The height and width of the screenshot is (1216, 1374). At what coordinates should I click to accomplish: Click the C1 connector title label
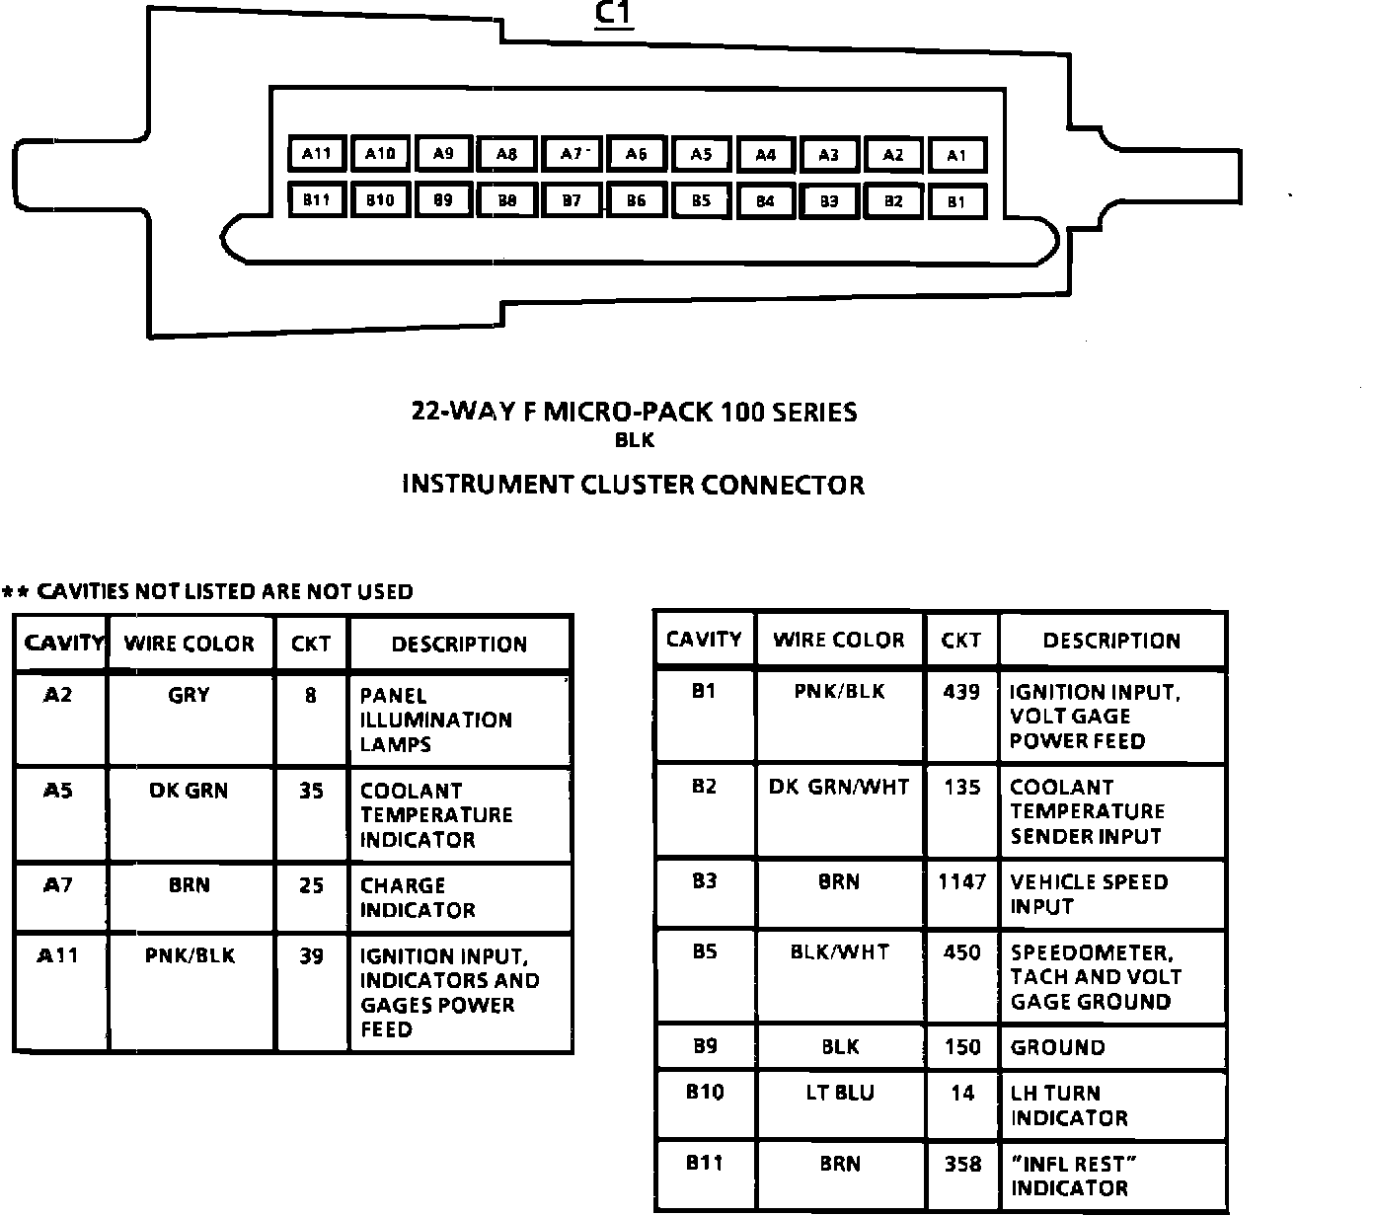click(614, 15)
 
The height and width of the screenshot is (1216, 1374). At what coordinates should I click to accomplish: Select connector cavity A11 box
click(316, 154)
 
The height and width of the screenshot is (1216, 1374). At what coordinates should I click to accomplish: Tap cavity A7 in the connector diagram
click(572, 154)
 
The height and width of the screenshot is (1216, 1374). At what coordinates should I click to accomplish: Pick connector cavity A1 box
click(956, 155)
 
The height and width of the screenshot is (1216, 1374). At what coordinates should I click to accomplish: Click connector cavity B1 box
click(956, 201)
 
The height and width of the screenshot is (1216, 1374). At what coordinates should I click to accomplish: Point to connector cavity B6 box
click(637, 200)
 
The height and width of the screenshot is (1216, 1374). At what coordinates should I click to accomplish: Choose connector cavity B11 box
click(316, 200)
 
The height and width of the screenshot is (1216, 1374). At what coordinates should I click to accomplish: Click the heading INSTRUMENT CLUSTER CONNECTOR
click(634, 485)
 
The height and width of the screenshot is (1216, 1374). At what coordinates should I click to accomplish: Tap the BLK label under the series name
click(634, 440)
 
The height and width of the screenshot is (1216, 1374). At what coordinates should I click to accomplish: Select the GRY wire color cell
click(190, 695)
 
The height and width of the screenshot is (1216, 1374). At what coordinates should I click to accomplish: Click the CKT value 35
click(311, 791)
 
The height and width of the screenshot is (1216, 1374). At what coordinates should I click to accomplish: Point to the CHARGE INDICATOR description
click(418, 897)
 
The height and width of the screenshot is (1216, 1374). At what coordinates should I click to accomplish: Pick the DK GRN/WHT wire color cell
click(839, 788)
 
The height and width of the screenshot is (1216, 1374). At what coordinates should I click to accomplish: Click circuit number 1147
click(961, 881)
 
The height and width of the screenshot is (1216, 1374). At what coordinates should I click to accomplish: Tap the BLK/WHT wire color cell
click(839, 952)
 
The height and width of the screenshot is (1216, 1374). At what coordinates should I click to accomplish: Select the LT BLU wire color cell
click(839, 1093)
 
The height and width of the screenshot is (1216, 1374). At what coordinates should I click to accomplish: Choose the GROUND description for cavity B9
click(1057, 1047)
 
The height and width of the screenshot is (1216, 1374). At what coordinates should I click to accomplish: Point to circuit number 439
click(961, 692)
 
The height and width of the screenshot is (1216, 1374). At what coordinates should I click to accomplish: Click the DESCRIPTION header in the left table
click(459, 645)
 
